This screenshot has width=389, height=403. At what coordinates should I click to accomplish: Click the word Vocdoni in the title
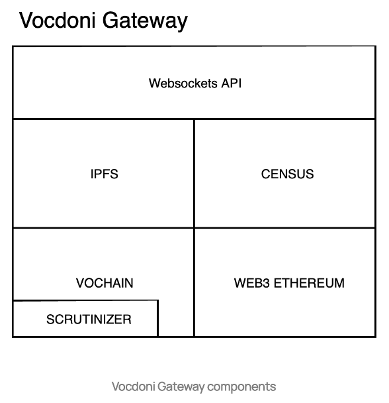[x=58, y=20]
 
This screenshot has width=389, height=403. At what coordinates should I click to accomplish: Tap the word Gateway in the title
[x=146, y=22]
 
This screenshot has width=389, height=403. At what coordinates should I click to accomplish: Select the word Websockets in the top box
[x=183, y=84]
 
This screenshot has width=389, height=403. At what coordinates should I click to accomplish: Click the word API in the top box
[x=231, y=84]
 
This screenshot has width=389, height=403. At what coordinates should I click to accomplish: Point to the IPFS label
[x=104, y=174]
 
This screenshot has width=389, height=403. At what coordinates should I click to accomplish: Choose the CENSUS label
[x=287, y=174]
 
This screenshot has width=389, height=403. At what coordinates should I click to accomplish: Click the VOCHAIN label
[x=105, y=283]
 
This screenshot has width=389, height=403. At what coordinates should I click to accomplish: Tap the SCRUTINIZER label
[x=89, y=319]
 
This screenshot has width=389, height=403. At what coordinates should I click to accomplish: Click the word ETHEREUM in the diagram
[x=309, y=283]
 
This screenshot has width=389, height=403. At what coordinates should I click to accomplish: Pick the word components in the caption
[x=241, y=387]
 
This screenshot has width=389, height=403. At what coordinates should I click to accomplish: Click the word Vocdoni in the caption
[x=133, y=386]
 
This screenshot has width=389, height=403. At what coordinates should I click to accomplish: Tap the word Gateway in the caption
[x=181, y=387]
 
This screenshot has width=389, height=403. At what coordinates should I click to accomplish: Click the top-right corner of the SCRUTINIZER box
[x=158, y=300]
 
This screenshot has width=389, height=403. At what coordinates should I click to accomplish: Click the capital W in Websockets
[x=155, y=84]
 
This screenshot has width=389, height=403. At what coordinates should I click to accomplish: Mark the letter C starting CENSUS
[x=266, y=174]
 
